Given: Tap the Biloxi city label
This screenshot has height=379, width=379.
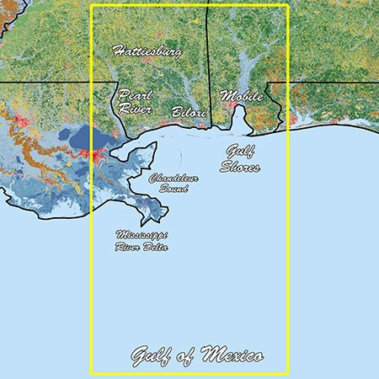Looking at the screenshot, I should (188, 111).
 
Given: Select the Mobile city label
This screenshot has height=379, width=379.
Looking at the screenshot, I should (241, 96).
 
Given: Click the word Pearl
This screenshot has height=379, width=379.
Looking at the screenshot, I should (135, 95).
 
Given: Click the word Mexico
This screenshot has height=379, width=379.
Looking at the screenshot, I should (232, 355).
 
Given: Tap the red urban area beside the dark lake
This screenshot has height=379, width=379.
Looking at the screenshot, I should (102, 156).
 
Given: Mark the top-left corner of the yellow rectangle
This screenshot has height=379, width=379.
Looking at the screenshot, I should (90, 7).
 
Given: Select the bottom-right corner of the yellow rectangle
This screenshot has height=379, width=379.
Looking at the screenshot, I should (288, 372).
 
